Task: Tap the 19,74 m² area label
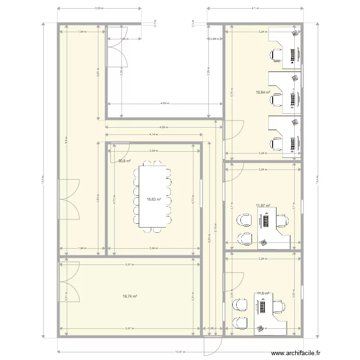(x=130, y=297)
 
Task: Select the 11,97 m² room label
(x=263, y=205)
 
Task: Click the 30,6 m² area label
(x=124, y=161)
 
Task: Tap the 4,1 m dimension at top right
(x=255, y=8)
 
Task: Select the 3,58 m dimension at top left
(x=98, y=8)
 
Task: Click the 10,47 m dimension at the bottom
(x=180, y=352)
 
